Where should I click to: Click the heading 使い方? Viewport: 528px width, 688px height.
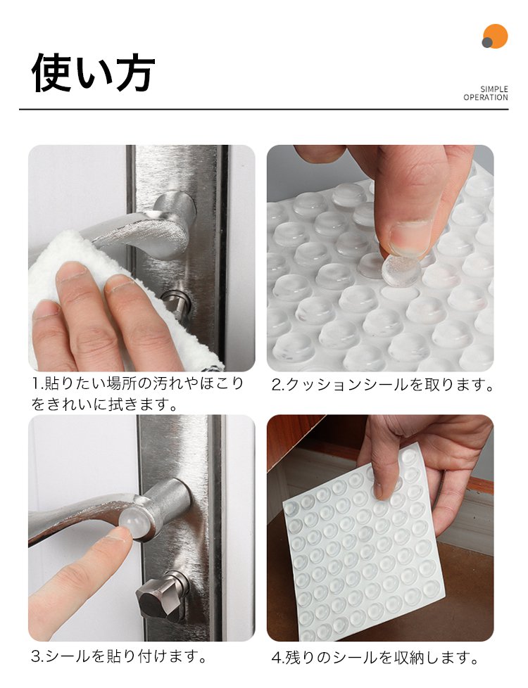(93, 73)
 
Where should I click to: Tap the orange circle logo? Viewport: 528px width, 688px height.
(496, 36)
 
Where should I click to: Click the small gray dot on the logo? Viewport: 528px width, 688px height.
(486, 43)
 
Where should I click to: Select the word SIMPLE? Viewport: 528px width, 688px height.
(494, 89)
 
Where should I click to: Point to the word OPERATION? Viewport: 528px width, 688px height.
(486, 97)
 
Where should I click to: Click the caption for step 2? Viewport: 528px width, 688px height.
(382, 385)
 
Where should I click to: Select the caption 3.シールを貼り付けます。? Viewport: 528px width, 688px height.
(119, 656)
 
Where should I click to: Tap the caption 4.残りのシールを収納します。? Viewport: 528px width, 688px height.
(375, 658)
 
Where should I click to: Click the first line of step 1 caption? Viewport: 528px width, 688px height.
(137, 383)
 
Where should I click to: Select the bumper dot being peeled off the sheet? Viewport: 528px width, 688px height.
(400, 271)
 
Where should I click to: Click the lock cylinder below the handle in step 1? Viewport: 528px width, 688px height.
(177, 302)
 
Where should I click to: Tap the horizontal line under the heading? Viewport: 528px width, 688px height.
(263, 109)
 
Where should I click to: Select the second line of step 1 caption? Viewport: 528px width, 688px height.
(105, 404)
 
